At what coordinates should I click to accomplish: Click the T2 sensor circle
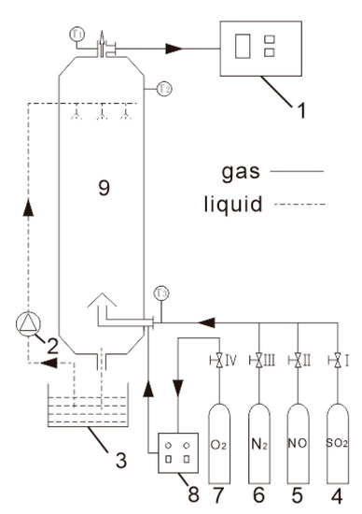(x=163, y=89)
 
